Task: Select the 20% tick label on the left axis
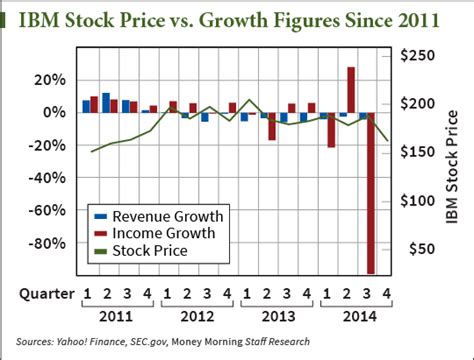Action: (x=49, y=80)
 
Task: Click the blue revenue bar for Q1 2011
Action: (x=86, y=106)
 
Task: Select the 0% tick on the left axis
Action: (x=54, y=113)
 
